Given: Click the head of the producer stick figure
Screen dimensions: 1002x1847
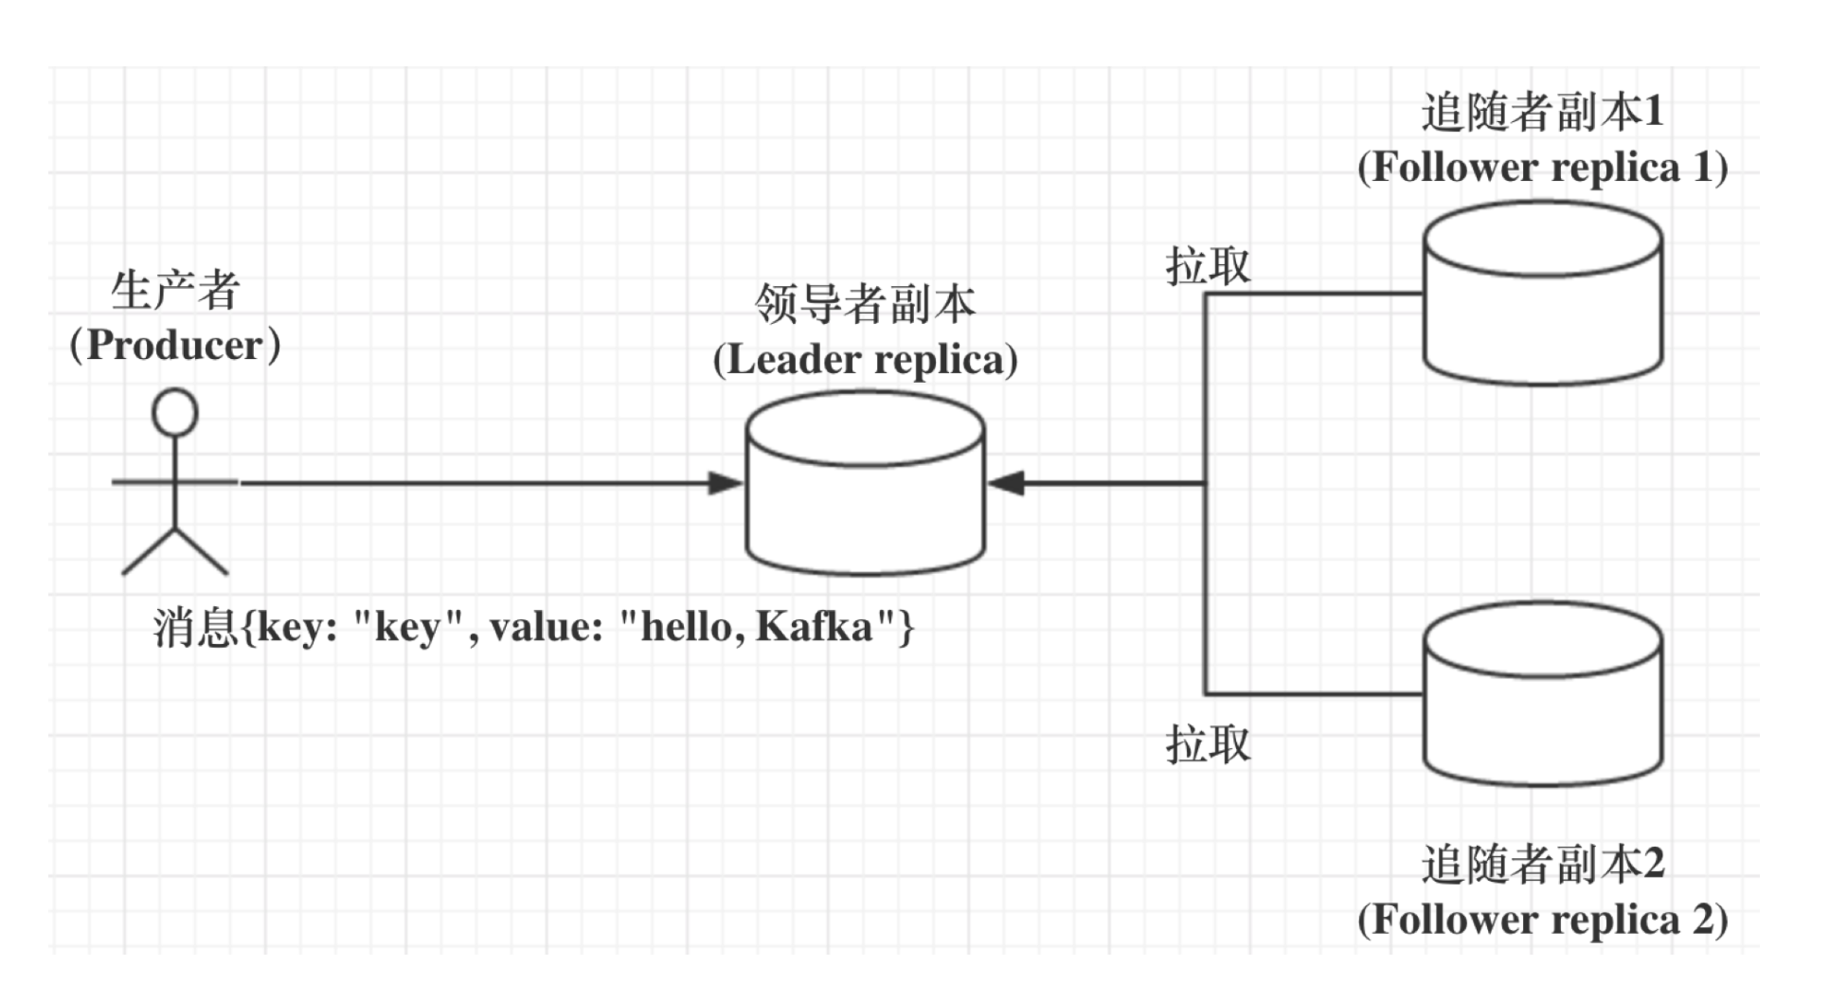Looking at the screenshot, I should [x=175, y=413].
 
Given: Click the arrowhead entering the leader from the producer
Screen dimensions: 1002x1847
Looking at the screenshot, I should [x=726, y=483].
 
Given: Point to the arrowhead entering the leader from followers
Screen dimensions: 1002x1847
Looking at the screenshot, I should [x=1006, y=483].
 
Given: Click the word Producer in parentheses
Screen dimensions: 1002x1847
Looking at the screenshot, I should [x=175, y=346].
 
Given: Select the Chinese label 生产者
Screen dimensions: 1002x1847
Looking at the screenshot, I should [x=175, y=290].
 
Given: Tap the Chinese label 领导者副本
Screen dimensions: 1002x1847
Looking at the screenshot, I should [x=865, y=304].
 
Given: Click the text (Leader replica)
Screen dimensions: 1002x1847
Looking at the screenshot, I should [x=865, y=360].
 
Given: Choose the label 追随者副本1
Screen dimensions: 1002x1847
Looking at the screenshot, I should [x=1542, y=112].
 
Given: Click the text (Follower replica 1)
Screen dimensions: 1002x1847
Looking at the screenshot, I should [x=1542, y=168].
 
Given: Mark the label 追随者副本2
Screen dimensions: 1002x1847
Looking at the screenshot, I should [x=1542, y=864].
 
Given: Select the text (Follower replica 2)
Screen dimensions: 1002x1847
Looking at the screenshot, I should [x=1542, y=920].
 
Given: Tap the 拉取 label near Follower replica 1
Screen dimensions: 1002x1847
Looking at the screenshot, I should [x=1208, y=266].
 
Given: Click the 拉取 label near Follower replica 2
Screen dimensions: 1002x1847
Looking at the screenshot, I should [x=1208, y=744].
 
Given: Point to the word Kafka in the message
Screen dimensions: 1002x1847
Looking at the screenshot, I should [x=815, y=627].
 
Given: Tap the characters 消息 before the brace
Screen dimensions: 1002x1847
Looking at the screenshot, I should [x=195, y=627].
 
